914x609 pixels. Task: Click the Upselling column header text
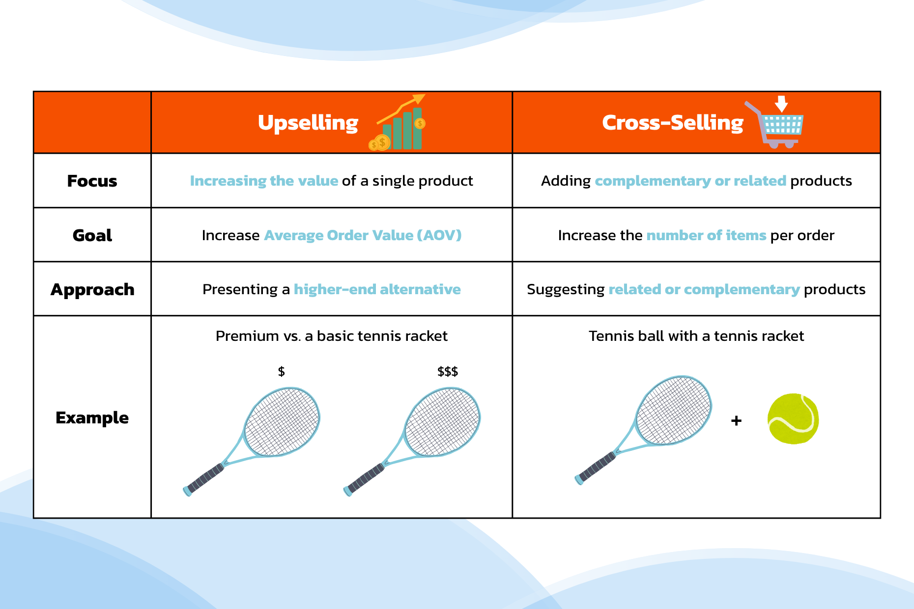tap(308, 123)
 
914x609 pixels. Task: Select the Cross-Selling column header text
tap(673, 122)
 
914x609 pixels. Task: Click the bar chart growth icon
tap(397, 122)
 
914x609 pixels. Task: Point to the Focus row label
tap(92, 181)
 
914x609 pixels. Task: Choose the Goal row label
tap(92, 235)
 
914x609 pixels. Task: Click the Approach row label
tap(92, 290)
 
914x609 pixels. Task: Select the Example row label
tap(92, 417)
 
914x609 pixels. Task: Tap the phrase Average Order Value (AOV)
tap(363, 235)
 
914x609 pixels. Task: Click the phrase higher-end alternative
tap(377, 289)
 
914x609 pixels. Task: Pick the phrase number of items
tap(706, 235)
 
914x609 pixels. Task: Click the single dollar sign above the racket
tap(281, 371)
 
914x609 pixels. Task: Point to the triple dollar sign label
tap(448, 371)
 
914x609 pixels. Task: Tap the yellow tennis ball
tap(793, 419)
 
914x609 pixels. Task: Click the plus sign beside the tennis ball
tap(736, 420)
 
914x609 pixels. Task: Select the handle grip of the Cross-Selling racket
tap(596, 468)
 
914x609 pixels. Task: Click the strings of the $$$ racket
tap(442, 422)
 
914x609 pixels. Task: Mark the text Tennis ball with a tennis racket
tap(696, 336)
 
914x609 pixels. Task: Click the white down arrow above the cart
tap(781, 104)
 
